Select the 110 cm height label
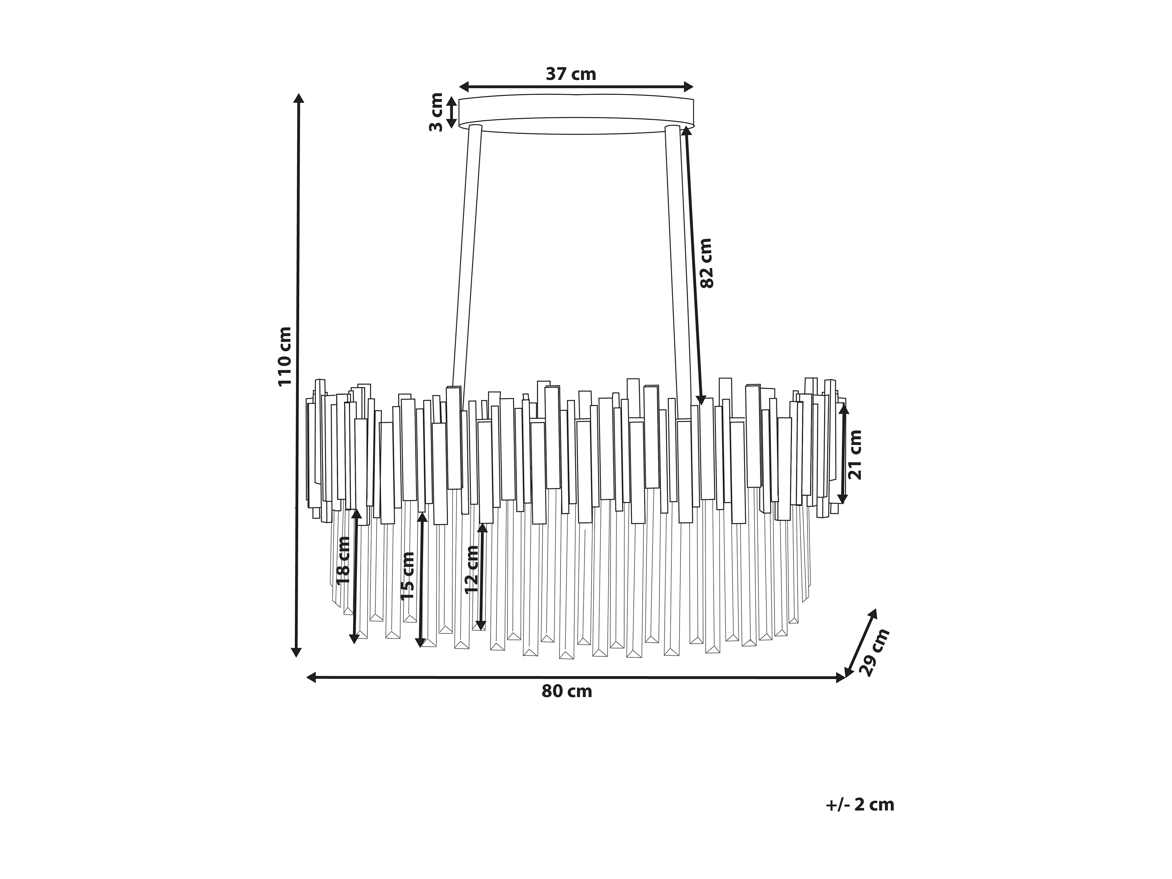coord(285,356)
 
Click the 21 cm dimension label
coord(855,454)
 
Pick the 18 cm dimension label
coord(343,561)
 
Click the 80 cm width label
coord(567,691)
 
